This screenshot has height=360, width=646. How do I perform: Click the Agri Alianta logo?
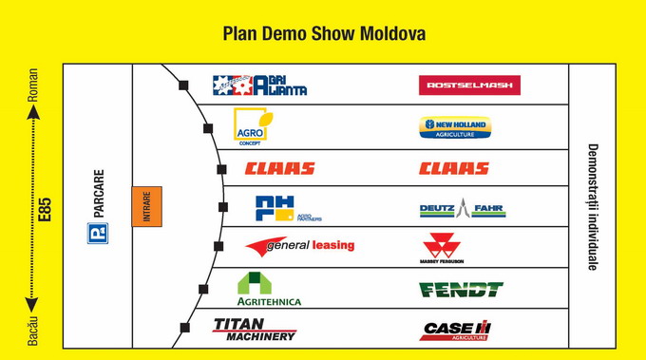coord(259,85)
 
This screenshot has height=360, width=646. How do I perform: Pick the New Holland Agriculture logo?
coord(454,127)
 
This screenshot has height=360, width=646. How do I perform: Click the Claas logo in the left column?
coord(279,169)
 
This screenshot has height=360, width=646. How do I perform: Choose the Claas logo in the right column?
coord(454,169)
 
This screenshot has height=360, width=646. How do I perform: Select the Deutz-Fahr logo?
coord(462,209)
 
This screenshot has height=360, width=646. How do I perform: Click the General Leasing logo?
coord(299,246)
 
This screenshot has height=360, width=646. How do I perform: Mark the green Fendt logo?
coord(460,289)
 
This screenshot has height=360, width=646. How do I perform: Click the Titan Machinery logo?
coord(255,329)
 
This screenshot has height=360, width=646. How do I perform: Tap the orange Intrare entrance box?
coord(146,206)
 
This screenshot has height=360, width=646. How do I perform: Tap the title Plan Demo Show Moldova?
coord(323,34)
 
